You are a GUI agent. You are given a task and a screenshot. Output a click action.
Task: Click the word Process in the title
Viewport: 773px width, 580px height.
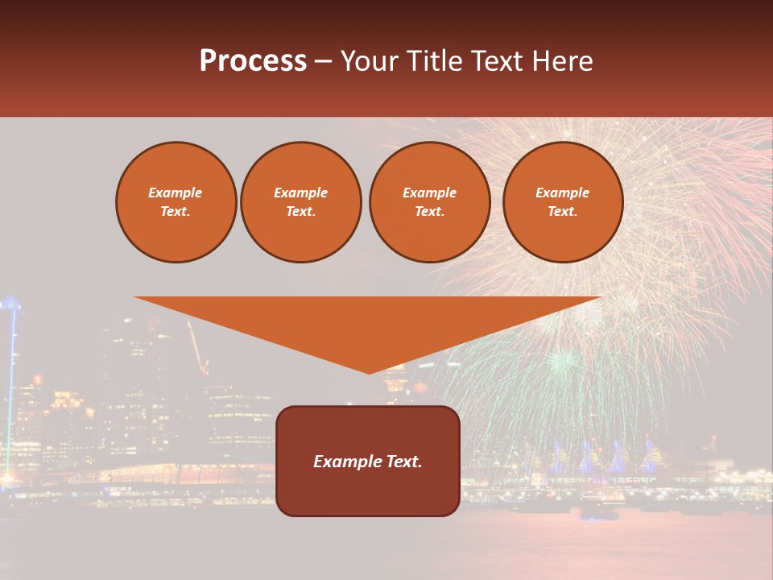(x=253, y=61)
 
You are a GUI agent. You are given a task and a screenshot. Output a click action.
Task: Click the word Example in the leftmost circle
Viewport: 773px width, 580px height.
(x=176, y=193)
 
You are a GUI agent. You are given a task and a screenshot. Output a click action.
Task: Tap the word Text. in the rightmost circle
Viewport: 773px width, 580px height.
(x=562, y=211)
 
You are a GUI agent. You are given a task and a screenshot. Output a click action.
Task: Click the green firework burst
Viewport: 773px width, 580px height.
(x=561, y=360)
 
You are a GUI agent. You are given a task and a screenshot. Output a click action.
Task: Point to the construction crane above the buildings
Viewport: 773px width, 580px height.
(x=197, y=346)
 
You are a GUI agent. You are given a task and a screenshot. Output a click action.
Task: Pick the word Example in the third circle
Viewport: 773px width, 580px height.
(x=429, y=193)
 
